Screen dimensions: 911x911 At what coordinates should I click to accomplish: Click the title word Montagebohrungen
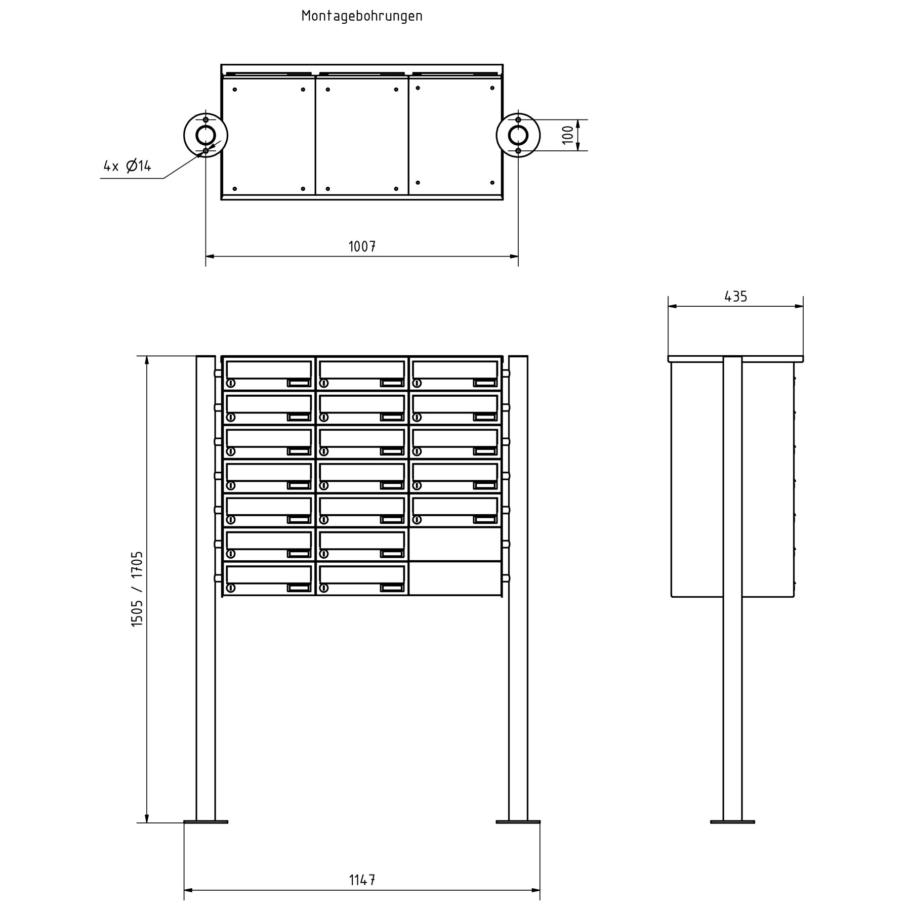coord(362,16)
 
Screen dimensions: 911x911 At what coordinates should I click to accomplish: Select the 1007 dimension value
coord(362,247)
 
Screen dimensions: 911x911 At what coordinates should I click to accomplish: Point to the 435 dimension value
coord(735,297)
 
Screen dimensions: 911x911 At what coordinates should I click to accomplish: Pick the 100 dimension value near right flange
coord(568,135)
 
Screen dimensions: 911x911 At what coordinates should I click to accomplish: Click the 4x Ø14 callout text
coord(127,166)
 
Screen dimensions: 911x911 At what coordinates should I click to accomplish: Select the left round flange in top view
coord(205,135)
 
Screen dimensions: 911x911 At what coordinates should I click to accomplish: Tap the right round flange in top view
coord(518,135)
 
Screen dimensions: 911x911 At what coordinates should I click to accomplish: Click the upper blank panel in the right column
coord(455,544)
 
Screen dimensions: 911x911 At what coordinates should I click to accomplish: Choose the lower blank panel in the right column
coord(455,578)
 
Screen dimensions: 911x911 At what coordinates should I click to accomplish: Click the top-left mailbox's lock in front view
coord(231,383)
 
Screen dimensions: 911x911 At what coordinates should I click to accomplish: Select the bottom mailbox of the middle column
coord(362,578)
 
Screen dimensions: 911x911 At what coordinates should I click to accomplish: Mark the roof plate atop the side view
coord(735,359)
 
